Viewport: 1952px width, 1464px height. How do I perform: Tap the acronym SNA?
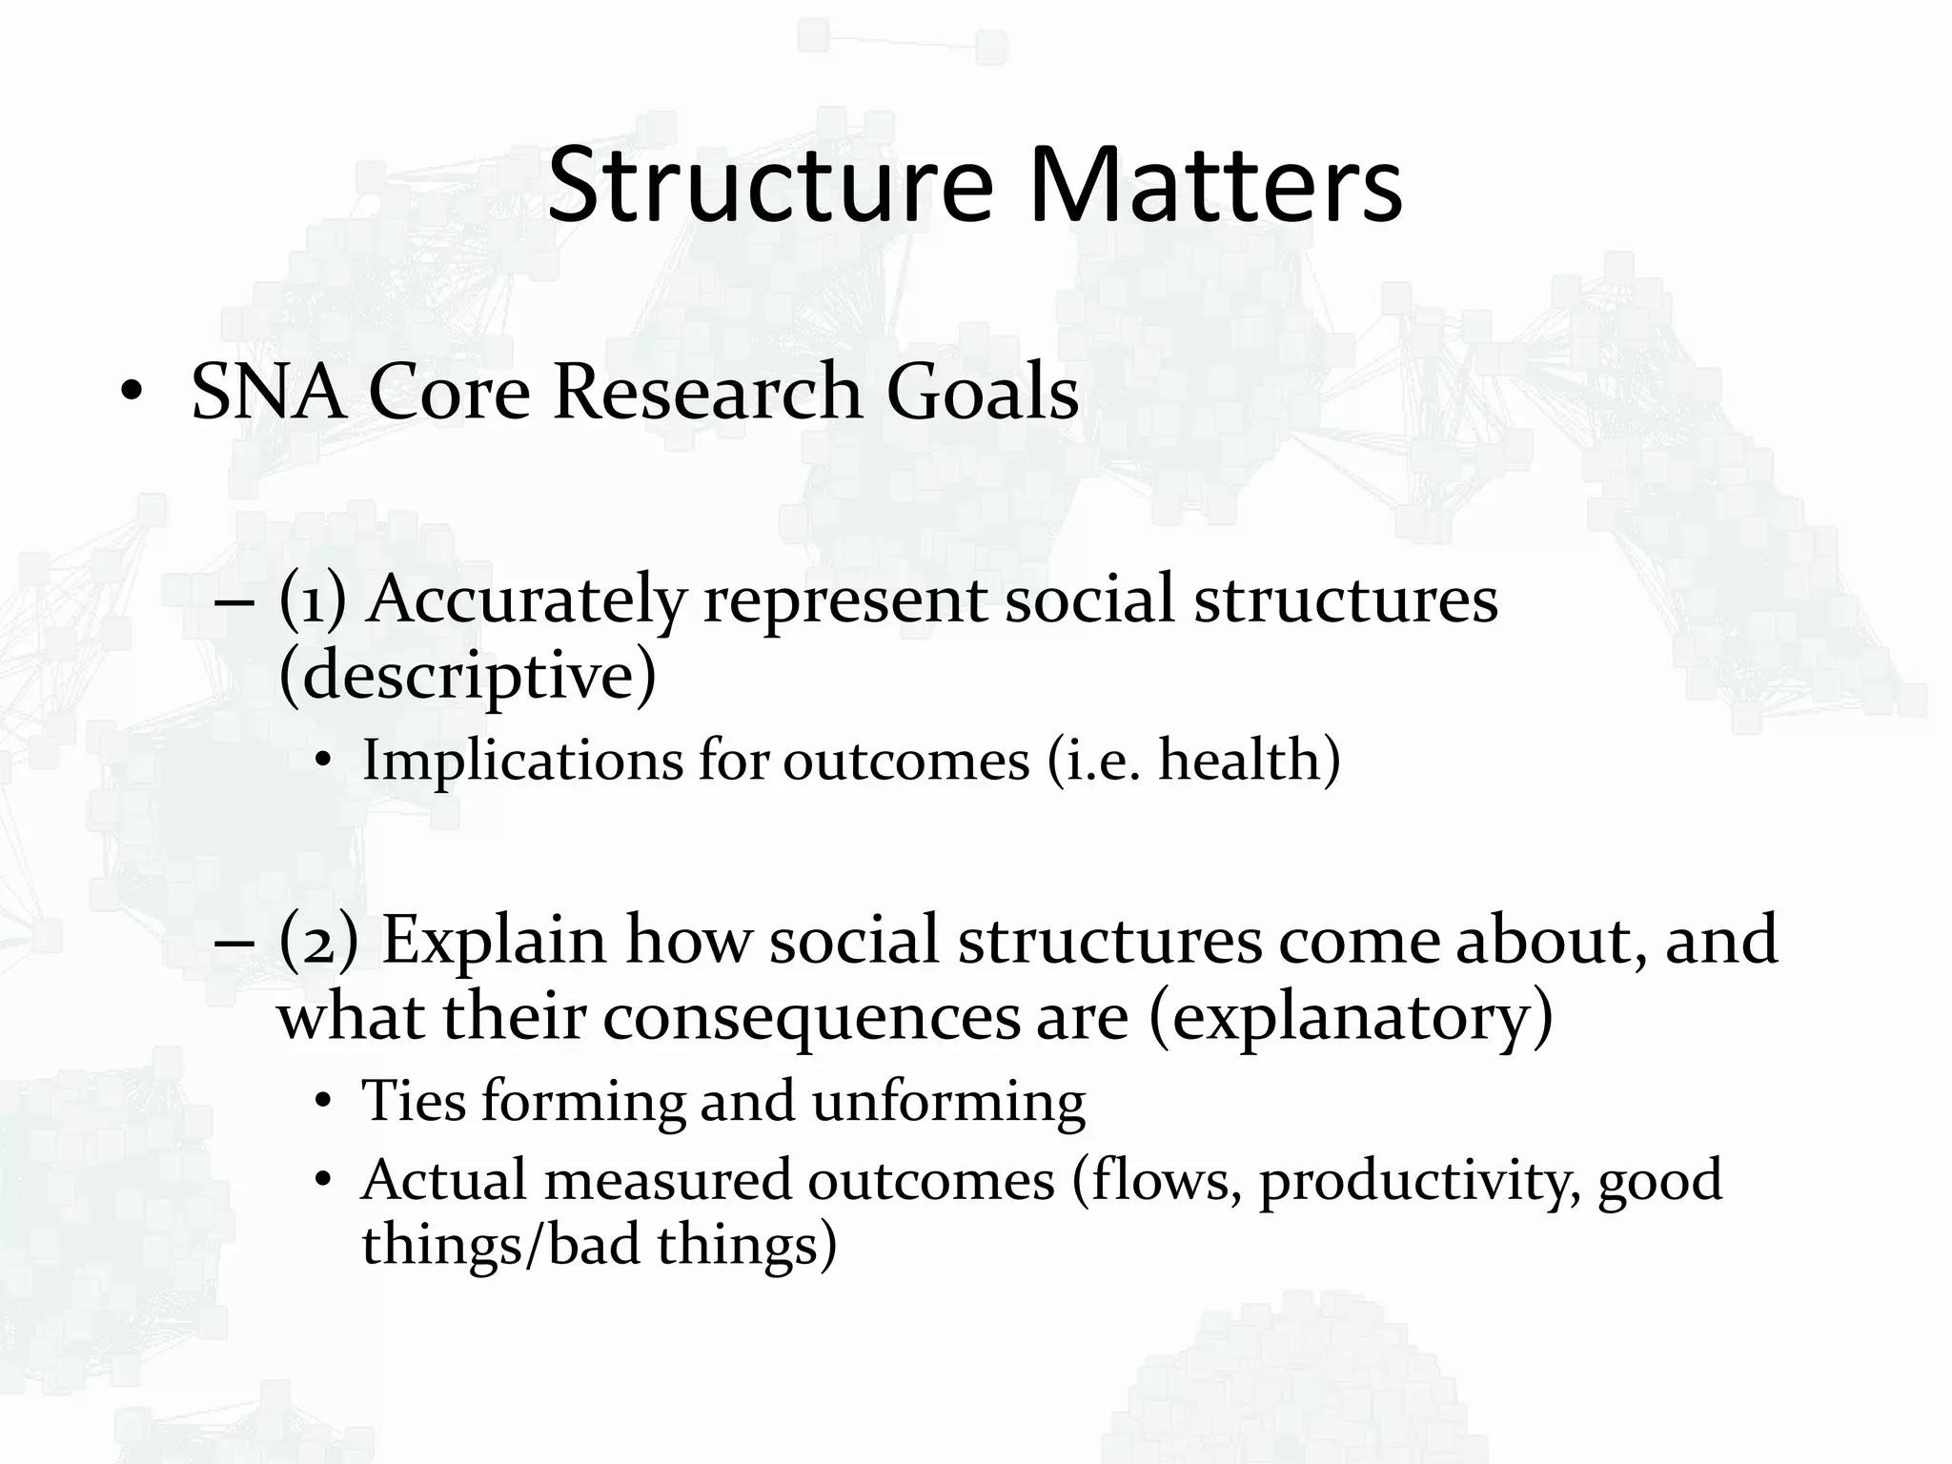point(268,392)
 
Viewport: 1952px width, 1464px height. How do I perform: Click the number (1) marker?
point(312,600)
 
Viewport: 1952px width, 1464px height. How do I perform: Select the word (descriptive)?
point(467,676)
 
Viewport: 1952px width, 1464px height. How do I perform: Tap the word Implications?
point(521,762)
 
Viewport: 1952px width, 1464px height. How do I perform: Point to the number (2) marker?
point(318,941)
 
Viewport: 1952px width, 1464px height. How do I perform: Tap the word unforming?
point(948,1102)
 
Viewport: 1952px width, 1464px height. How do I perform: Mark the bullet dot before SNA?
point(132,395)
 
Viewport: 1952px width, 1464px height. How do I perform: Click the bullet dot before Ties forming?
point(323,1104)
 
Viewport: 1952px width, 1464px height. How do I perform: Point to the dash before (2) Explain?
point(234,943)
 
